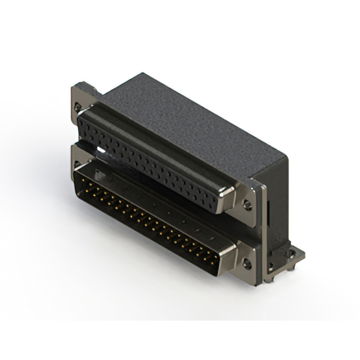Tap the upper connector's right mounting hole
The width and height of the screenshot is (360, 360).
[x=247, y=205]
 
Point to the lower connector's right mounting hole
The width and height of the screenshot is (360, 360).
[x=247, y=263]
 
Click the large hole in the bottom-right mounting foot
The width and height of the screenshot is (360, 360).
[x=290, y=254]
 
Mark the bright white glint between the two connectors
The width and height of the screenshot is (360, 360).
[x=102, y=151]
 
